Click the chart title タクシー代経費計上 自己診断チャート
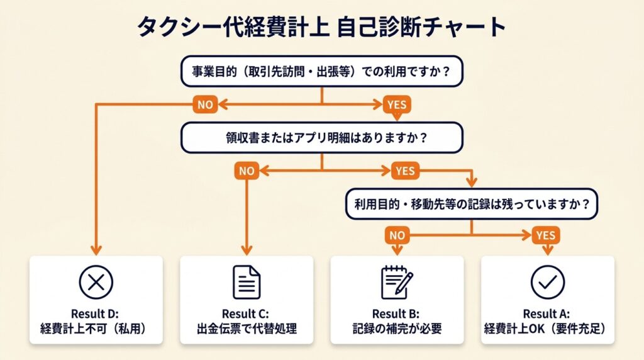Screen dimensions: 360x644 321,27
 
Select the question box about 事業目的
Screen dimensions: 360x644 321,71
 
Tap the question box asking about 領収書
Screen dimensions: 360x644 321,137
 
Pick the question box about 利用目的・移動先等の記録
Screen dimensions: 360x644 472,204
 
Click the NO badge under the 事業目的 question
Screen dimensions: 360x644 205,104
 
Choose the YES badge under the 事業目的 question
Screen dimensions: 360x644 396,104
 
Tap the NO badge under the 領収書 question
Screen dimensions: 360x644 247,171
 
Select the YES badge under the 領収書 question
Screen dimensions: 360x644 405,171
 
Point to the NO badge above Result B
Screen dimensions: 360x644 397,235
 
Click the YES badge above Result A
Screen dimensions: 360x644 546,235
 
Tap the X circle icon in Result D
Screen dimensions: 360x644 96,282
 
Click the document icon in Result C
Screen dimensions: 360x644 247,282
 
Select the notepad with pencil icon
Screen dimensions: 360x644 397,282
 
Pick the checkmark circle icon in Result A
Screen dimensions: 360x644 547,282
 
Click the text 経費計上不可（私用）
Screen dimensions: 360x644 96,328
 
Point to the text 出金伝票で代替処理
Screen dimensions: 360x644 247,328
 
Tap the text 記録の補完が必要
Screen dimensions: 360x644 397,328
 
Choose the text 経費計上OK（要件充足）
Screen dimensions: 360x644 547,328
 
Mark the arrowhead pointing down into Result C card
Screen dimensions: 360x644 247,249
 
